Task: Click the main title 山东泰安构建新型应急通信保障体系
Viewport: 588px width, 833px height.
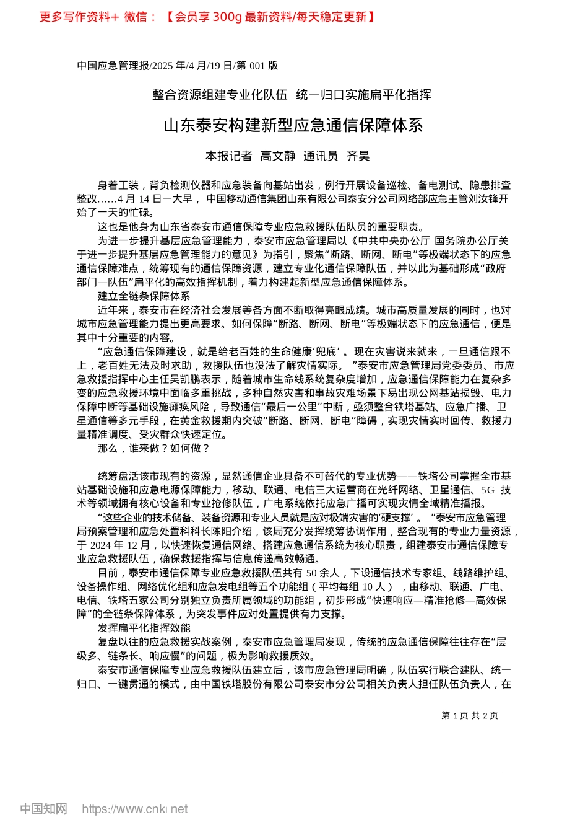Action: pyautogui.click(x=293, y=125)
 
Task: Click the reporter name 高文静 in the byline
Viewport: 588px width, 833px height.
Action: pyautogui.click(x=277, y=156)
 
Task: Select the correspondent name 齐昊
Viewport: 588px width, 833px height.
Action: pyautogui.click(x=358, y=156)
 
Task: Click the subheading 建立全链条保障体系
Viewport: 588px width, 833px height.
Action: pyautogui.click(x=144, y=296)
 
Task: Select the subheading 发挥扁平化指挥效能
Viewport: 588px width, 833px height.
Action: pyautogui.click(x=144, y=628)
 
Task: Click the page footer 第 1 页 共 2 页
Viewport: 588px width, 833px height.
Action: pyautogui.click(x=469, y=715)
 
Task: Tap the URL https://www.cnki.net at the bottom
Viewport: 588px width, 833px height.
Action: pyautogui.click(x=135, y=809)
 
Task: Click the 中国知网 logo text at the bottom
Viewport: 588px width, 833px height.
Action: pyautogui.click(x=43, y=809)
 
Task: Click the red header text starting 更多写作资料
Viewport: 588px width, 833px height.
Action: pyautogui.click(x=207, y=17)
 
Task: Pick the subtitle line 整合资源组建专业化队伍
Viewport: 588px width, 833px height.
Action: pyautogui.click(x=220, y=95)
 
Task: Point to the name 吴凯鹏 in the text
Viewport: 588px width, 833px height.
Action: pyautogui.click(x=191, y=379)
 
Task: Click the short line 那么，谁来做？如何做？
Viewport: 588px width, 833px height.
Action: pyautogui.click(x=153, y=448)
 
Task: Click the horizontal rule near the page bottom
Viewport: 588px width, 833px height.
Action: pyautogui.click(x=293, y=772)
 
